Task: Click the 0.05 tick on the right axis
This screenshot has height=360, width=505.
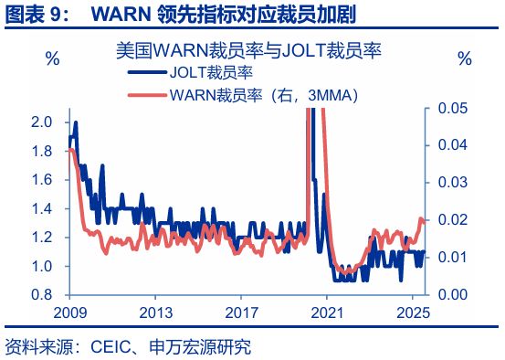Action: coord(454,108)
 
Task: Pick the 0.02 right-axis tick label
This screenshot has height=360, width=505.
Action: coord(454,220)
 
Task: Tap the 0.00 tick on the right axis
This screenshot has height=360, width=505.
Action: coord(454,295)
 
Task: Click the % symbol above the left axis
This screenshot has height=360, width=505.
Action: coord(53,59)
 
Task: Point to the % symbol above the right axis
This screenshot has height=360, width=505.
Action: coord(464,59)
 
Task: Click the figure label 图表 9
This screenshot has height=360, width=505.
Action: coord(37,16)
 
